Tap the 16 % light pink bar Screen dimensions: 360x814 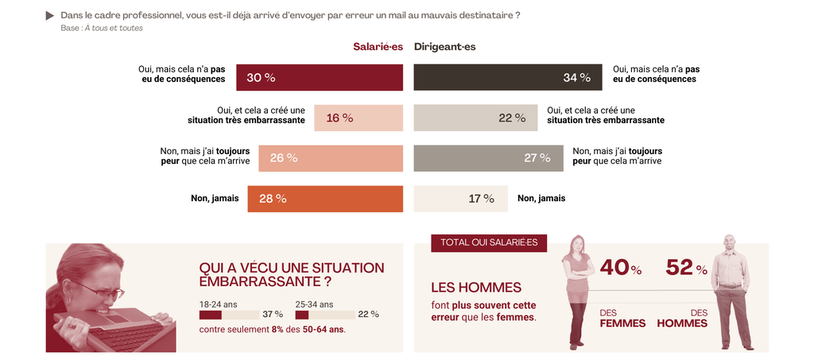[359, 118]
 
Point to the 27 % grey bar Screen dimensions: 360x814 [488, 158]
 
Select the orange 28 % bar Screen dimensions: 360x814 [325, 199]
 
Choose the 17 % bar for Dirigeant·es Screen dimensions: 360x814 [460, 199]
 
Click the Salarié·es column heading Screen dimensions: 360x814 [378, 47]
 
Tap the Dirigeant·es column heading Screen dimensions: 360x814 [445, 47]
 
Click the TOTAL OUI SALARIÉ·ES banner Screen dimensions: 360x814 [489, 242]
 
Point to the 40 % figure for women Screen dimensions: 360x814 [620, 269]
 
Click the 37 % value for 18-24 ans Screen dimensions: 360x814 [273, 315]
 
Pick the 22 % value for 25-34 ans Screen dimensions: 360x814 [368, 315]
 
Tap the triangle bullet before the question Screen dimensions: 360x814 [50, 15]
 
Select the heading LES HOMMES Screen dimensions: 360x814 [476, 288]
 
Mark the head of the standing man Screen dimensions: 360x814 [729, 243]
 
